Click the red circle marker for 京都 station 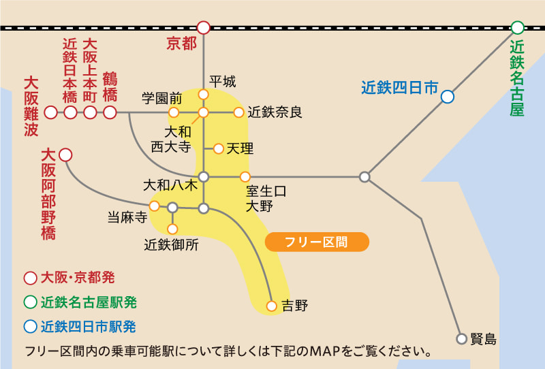pos(203,28)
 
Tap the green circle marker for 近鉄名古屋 pos(518,28)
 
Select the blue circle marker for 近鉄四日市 pos(447,97)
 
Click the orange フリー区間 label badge pos(317,242)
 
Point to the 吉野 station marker pos(272,306)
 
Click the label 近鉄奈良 pos(275,112)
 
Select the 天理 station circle pos(219,148)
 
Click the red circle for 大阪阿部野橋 pos(65,155)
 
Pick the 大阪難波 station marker pos(50,112)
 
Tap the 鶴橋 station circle pos(110,112)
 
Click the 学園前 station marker pos(174,112)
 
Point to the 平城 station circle pos(203,94)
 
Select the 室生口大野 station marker pos(245,176)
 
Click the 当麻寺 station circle pos(155,205)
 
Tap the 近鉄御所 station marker pos(172,228)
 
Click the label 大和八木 pos(170,184)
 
